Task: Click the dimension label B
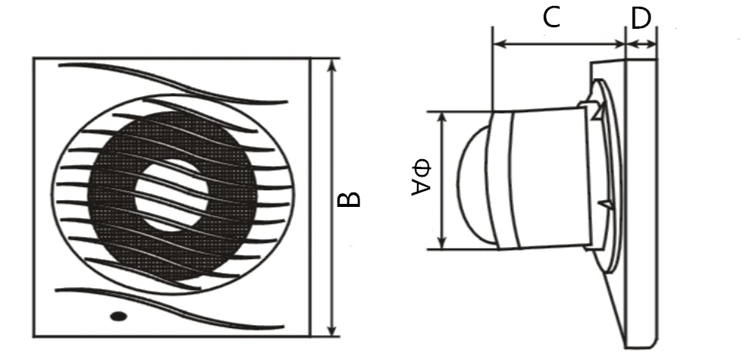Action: (x=349, y=199)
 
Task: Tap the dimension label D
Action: (x=641, y=18)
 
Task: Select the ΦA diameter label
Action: (x=422, y=178)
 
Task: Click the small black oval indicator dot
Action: (x=118, y=316)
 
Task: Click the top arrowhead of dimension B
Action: (x=331, y=64)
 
